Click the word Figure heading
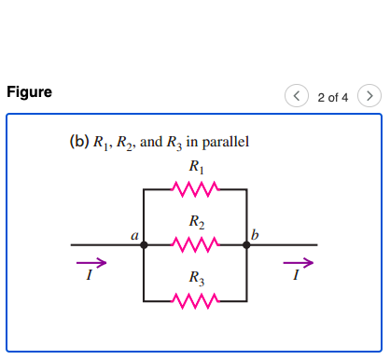click(29, 92)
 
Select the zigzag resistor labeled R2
click(195, 245)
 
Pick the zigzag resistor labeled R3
click(195, 300)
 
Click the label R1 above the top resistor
click(195, 169)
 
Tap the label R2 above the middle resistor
click(195, 223)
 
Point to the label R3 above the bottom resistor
click(195, 278)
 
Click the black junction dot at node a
click(144, 245)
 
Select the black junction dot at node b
click(247, 245)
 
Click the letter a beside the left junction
click(134, 237)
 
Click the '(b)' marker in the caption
click(78, 143)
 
